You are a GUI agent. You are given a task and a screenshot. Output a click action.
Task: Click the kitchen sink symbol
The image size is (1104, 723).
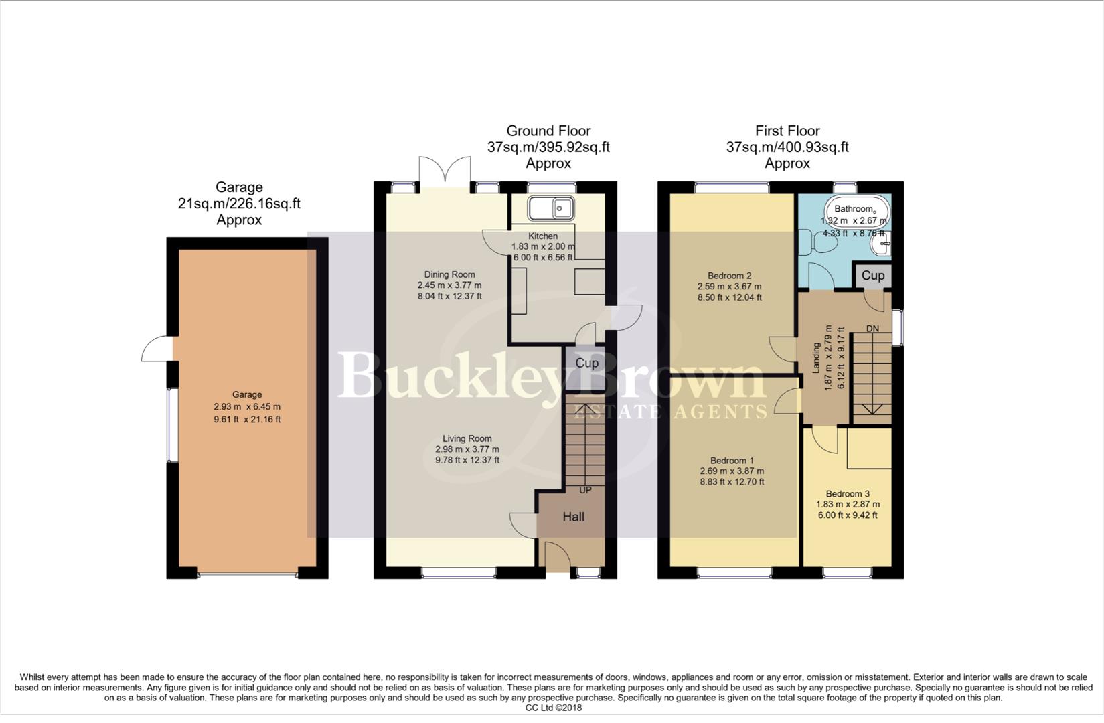[x=550, y=208]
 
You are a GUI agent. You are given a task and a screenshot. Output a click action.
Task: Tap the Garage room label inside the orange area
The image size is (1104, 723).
[x=247, y=394]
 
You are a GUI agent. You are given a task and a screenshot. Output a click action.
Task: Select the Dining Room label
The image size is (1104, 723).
[x=449, y=274]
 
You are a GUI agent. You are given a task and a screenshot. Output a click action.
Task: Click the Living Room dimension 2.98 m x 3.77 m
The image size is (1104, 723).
[x=467, y=449]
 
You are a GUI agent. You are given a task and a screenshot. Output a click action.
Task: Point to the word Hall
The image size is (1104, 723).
[x=573, y=517]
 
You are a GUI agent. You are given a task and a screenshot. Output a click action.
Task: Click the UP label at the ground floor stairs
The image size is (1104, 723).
[x=585, y=490]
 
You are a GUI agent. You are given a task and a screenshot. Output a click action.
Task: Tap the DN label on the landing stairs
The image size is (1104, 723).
[x=872, y=329]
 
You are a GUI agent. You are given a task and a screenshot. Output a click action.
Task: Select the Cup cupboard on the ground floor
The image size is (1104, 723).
[x=586, y=363]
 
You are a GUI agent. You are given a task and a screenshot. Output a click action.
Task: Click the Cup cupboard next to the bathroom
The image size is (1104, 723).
[x=872, y=276]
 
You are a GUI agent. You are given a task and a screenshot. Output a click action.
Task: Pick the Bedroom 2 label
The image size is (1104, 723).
[x=729, y=276]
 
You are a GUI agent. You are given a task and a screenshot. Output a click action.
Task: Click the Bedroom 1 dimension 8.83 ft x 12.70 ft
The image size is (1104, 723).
[x=732, y=481]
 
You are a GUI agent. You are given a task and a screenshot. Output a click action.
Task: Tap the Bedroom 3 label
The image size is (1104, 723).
[x=847, y=494]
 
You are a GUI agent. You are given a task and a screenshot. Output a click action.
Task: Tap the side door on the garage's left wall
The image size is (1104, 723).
[x=157, y=349]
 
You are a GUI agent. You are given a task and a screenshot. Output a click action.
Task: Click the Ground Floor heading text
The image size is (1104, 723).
[x=548, y=131]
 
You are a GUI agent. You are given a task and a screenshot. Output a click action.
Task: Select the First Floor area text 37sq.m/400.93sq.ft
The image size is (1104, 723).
[x=787, y=147]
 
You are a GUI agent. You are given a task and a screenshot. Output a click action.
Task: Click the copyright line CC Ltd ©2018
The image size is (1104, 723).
[x=553, y=708]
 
